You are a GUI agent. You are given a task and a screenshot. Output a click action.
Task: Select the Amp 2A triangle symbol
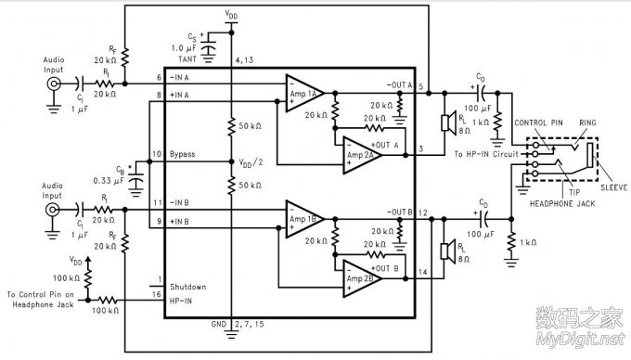(360, 150)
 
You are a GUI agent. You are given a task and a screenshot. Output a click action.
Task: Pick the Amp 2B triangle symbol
(360, 277)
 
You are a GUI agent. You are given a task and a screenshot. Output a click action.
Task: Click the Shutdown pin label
(187, 287)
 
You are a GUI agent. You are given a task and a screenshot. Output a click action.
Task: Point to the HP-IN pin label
(181, 299)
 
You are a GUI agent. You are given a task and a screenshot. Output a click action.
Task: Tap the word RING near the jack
(586, 122)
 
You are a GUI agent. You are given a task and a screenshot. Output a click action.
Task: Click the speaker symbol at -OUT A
(446, 122)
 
